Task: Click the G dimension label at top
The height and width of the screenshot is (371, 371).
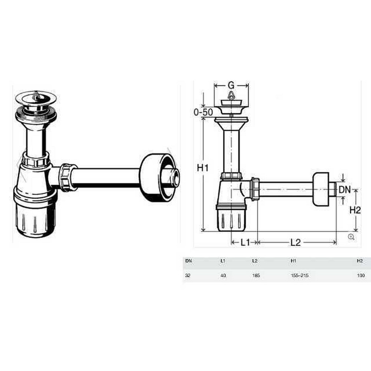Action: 231,85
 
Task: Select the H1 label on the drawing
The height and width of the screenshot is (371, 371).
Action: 202,168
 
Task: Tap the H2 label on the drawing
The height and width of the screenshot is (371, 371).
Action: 355,210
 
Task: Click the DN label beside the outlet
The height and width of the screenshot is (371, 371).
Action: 345,189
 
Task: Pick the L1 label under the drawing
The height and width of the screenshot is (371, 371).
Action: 244,242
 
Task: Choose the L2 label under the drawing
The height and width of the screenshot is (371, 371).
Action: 295,242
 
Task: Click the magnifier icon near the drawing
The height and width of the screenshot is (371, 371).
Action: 351,237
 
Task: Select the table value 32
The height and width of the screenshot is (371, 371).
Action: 188,275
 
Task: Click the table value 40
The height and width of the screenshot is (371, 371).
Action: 223,275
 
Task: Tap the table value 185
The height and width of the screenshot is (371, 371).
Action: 256,275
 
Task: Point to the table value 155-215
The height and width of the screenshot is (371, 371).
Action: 300,275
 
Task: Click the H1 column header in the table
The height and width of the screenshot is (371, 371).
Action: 293,261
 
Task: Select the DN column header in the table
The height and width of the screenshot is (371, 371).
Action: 188,261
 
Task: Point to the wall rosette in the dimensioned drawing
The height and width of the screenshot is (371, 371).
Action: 321,189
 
